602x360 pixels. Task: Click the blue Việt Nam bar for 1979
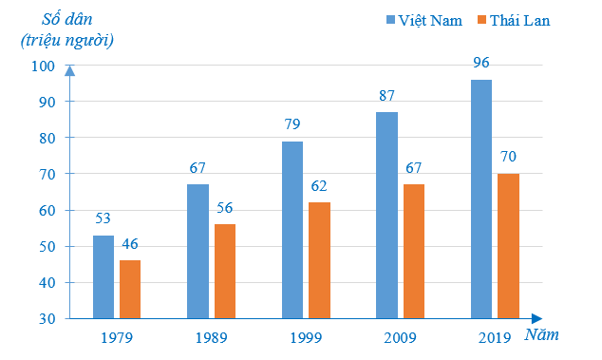pos(103,276)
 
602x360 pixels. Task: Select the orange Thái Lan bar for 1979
pos(130,289)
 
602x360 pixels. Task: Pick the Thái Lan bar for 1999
pos(320,259)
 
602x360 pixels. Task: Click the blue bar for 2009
pos(386,215)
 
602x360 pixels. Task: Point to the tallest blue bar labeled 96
pos(481,199)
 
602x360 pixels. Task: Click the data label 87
pos(386,96)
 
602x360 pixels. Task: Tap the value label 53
pos(103,219)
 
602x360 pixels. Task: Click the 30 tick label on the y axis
pos(45,318)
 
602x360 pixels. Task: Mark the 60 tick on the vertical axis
pos(45,210)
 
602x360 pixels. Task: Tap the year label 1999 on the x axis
pos(306,336)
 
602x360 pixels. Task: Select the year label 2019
pos(495,336)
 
